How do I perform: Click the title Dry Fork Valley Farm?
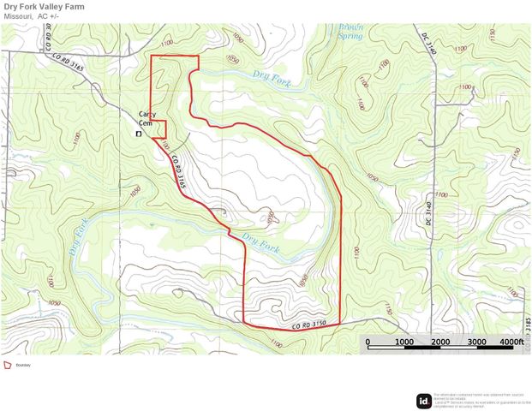coord(53,6)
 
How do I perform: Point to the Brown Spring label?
coord(350,33)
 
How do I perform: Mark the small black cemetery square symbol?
coord(139,134)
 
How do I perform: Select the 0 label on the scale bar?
coord(368,342)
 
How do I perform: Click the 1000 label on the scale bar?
coord(403,342)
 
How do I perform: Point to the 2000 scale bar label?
coord(440,342)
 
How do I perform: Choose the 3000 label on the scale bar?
coord(476,342)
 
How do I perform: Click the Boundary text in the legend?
coord(23,366)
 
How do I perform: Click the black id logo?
coord(423,399)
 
